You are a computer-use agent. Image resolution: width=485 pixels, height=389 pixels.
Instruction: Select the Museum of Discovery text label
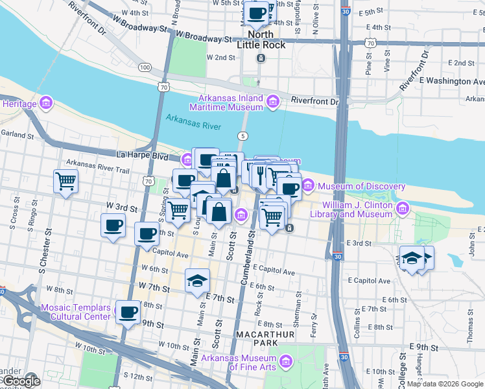coord(361,187)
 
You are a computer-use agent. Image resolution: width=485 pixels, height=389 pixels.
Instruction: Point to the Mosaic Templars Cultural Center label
coord(75,312)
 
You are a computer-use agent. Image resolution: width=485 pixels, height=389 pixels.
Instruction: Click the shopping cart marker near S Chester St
coord(65,182)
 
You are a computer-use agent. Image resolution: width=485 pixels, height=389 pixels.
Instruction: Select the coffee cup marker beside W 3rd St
coord(113,226)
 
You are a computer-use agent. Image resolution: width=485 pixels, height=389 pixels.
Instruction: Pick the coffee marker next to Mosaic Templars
coord(127,312)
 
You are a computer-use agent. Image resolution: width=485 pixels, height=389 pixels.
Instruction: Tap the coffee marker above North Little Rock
coord(257,12)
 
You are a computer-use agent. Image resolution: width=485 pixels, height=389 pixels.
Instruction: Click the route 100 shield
coord(145,67)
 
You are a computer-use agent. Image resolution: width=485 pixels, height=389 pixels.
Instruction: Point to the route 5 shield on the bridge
coord(242,136)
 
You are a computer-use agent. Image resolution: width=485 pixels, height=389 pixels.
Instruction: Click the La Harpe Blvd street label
coord(142,157)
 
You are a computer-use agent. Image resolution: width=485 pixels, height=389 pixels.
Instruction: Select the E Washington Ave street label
coord(452,82)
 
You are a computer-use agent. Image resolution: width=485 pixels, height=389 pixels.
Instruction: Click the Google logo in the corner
coord(21,381)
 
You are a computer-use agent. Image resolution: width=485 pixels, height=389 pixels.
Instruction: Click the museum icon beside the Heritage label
coord(45,103)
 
